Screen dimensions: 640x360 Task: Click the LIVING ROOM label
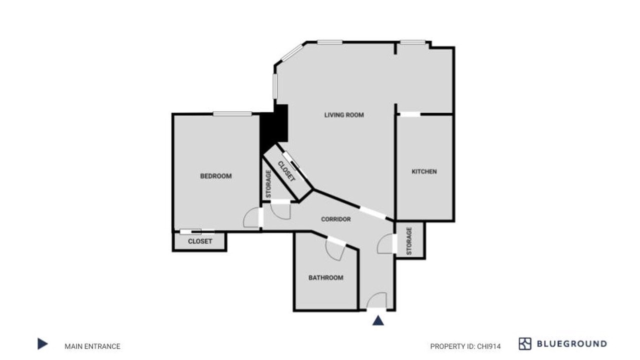(344, 115)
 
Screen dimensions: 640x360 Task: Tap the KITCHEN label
(424, 171)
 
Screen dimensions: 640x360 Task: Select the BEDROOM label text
(215, 176)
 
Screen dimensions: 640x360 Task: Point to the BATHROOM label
(325, 277)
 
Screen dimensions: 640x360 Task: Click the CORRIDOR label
(335, 219)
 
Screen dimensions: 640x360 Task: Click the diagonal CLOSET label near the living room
(286, 171)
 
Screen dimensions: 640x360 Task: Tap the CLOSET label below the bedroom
(200, 241)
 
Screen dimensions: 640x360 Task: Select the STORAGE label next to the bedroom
(268, 183)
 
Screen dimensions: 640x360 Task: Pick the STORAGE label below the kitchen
(409, 241)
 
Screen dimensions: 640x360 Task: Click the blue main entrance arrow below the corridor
(378, 321)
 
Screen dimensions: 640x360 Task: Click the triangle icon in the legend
(42, 343)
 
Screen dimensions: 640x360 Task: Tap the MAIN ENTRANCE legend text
(92, 346)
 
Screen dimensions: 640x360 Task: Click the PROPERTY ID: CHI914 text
(465, 346)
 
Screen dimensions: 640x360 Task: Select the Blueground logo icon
(525, 343)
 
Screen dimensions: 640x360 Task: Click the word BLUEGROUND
(572, 343)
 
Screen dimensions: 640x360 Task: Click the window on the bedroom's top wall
(232, 113)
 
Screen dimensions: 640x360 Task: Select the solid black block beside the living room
(273, 130)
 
